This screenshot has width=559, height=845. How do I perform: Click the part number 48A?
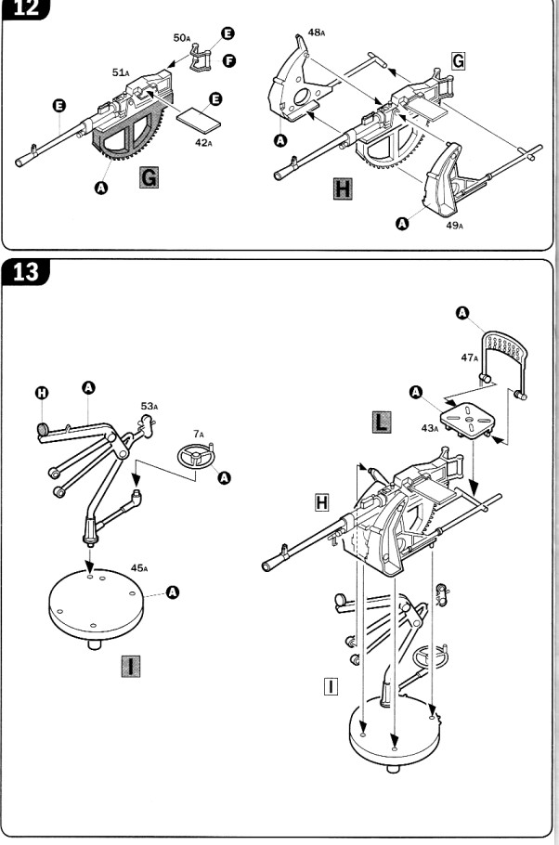click(317, 32)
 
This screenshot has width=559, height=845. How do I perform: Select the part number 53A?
click(150, 405)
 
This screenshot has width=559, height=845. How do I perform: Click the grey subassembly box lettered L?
click(380, 422)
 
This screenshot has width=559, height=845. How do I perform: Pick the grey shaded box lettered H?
click(341, 191)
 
